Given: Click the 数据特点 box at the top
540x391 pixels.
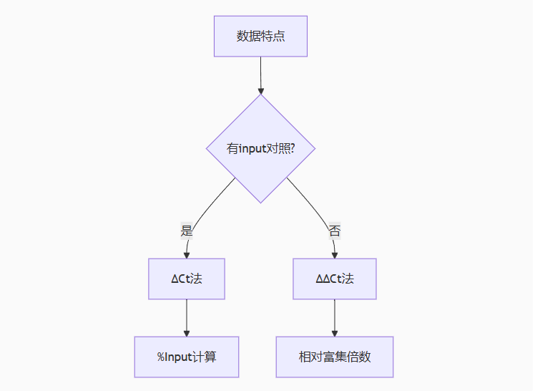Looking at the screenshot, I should pos(260,36).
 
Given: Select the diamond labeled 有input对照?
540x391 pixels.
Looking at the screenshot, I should pos(260,148).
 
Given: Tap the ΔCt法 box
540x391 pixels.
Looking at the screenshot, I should pos(187,279).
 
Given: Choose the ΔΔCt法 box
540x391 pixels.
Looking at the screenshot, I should pos(335,279).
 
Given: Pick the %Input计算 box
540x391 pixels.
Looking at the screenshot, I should pos(187,357).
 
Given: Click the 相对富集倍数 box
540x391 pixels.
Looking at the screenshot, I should pos(335,357).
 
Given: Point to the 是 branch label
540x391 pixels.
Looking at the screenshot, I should pos(187,231).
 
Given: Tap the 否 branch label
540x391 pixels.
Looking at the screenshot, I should pos(335,231).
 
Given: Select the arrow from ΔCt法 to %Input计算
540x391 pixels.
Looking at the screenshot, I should pos(187,315).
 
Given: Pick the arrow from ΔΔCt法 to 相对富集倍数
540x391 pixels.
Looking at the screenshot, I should pos(335,315).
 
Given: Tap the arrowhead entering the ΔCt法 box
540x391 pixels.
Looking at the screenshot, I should pos(187,254).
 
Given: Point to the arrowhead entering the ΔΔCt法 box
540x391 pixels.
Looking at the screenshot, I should pos(335,254).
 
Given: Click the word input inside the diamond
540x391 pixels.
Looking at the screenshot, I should pos(252,149).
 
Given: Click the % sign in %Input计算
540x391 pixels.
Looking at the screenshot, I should pos(162,357).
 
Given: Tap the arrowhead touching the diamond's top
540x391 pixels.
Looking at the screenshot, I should pos(260,90).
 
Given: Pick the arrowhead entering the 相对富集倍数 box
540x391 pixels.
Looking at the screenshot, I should pos(335,332).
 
